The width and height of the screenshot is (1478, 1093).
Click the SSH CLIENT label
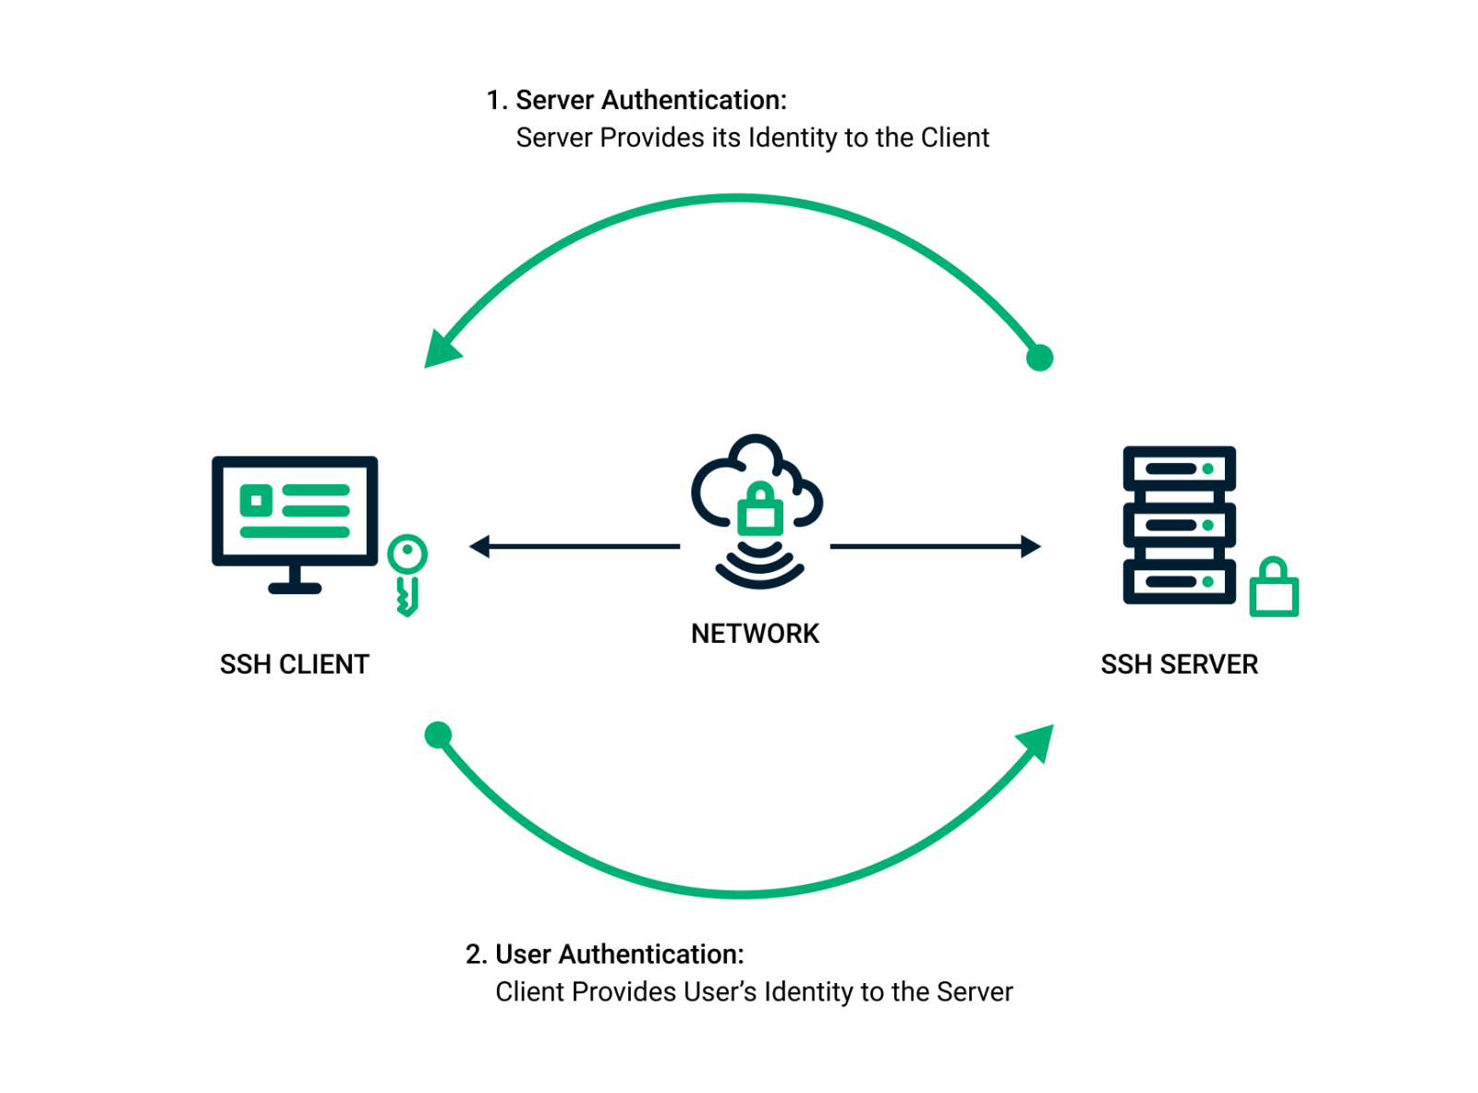pos(294,664)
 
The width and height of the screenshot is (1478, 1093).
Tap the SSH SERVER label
pos(1179,664)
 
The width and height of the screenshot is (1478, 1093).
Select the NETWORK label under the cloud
pos(755,634)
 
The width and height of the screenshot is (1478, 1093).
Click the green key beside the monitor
pos(406,574)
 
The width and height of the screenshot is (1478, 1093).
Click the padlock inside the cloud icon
pos(759,509)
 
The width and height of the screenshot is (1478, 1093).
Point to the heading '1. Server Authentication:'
pos(637,100)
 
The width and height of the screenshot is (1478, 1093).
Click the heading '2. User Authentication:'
pos(605,953)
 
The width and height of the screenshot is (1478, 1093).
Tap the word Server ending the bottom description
pos(975,991)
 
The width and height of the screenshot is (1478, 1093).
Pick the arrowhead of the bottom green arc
pos(1037,741)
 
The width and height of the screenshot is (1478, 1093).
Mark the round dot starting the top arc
pos(1039,358)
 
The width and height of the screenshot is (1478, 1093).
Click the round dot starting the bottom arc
pos(438,735)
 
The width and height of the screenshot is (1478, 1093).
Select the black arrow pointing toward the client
pos(573,547)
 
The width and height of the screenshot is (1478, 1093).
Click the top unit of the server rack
pos(1179,468)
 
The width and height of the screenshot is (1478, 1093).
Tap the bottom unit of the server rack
pos(1179,582)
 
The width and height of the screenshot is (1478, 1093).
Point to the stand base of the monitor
pos(295,589)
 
